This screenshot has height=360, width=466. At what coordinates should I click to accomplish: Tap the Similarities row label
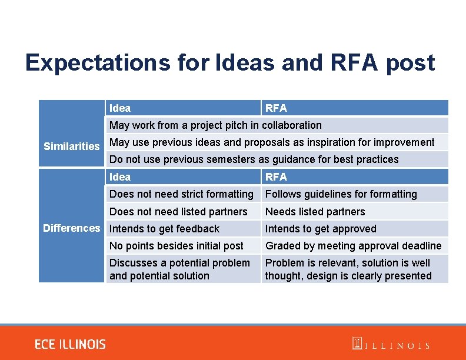pyautogui.click(x=72, y=146)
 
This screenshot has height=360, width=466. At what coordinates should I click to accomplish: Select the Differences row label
pyautogui.click(x=72, y=228)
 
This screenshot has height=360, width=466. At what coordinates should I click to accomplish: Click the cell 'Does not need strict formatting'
pyautogui.click(x=181, y=194)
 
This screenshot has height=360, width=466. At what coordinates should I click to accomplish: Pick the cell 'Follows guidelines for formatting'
pyautogui.click(x=341, y=194)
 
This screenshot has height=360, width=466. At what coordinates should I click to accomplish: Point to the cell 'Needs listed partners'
pyautogui.click(x=315, y=212)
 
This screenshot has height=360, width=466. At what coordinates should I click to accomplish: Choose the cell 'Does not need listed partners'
pyautogui.click(x=178, y=212)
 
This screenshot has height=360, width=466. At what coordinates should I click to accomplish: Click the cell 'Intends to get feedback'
pyautogui.click(x=165, y=229)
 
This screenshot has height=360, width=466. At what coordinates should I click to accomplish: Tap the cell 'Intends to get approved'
pyautogui.click(x=321, y=229)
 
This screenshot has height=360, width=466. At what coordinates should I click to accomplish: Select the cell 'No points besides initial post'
pyautogui.click(x=177, y=246)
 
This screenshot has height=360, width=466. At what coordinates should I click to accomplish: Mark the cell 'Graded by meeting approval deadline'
pyautogui.click(x=353, y=246)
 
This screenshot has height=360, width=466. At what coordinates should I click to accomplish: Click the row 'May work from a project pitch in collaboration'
pyautogui.click(x=215, y=125)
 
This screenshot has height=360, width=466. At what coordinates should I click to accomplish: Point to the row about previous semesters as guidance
pyautogui.click(x=254, y=159)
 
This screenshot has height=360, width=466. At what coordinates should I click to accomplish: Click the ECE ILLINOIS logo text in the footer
pyautogui.click(x=70, y=345)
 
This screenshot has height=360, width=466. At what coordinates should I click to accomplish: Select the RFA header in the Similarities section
pyautogui.click(x=276, y=108)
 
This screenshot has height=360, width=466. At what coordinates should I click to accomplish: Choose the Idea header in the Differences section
pyautogui.click(x=120, y=177)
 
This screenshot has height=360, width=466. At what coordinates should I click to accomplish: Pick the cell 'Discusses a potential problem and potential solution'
pyautogui.click(x=179, y=269)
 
